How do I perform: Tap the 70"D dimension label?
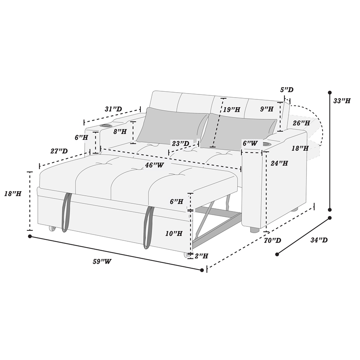(273, 240)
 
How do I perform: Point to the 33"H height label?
(342, 101)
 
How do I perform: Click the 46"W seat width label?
(154, 165)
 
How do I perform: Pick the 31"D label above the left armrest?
(113, 109)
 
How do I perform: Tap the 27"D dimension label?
(59, 151)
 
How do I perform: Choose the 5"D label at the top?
(287, 90)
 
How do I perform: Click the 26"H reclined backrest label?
(301, 122)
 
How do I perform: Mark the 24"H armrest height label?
(279, 163)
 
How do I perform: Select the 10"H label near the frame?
(174, 233)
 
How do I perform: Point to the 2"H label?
(201, 256)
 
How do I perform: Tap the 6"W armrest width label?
(250, 143)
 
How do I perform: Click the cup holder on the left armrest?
(103, 126)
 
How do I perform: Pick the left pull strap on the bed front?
(67, 211)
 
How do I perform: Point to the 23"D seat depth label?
(180, 144)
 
